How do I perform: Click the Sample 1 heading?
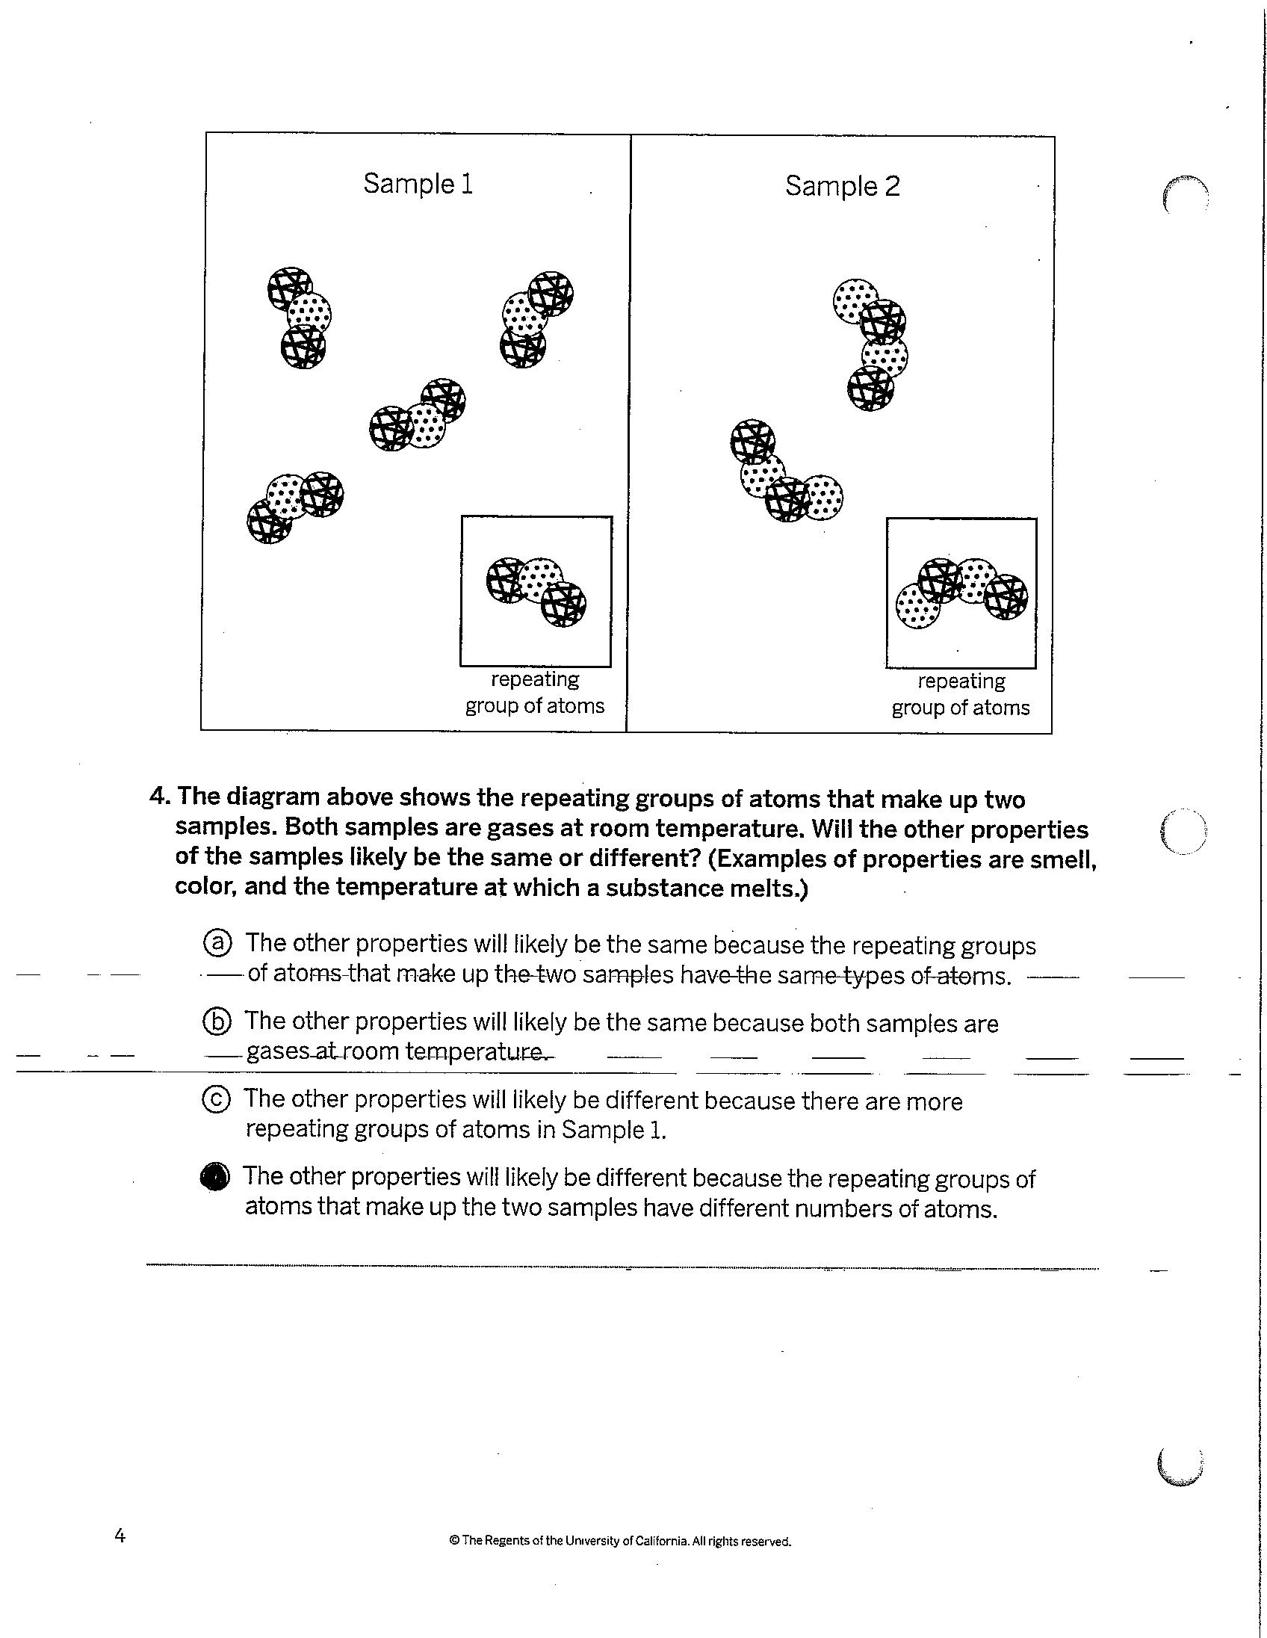tap(418, 184)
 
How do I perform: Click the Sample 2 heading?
tap(842, 186)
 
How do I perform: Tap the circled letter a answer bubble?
tap(217, 943)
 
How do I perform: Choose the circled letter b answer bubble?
tap(217, 1022)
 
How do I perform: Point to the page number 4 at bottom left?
tap(120, 1536)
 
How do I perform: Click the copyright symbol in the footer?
tap(453, 1542)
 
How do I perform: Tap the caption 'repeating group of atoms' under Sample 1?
tap(535, 692)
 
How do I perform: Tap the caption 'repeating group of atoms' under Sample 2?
tap(961, 694)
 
